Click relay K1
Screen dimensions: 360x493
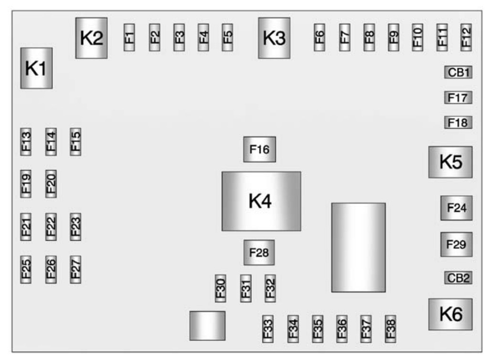pos(36,68)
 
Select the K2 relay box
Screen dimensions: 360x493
pos(91,38)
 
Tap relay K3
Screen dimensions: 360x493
pos(274,38)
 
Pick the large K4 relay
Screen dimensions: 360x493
pos(261,201)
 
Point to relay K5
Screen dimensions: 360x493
pos(451,162)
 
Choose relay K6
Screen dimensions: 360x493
pos(451,314)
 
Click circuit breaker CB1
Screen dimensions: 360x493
pos(459,73)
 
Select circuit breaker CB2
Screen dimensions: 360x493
pos(459,278)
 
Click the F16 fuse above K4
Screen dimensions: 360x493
pos(260,149)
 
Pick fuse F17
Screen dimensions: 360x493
pos(458,98)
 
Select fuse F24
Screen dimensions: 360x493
pos(456,208)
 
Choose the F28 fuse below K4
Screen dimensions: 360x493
pos(259,253)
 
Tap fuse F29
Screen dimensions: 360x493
pos(456,245)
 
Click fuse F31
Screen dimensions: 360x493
pos(246,288)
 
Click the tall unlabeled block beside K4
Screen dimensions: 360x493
pos(358,247)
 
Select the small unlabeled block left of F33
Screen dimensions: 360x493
pos(207,326)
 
